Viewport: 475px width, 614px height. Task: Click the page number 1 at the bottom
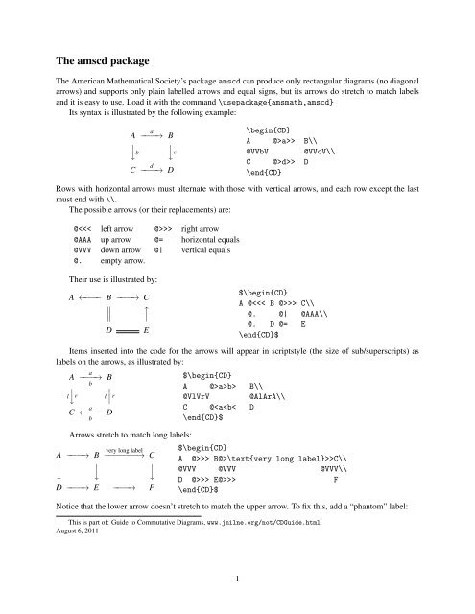[x=236, y=578]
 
